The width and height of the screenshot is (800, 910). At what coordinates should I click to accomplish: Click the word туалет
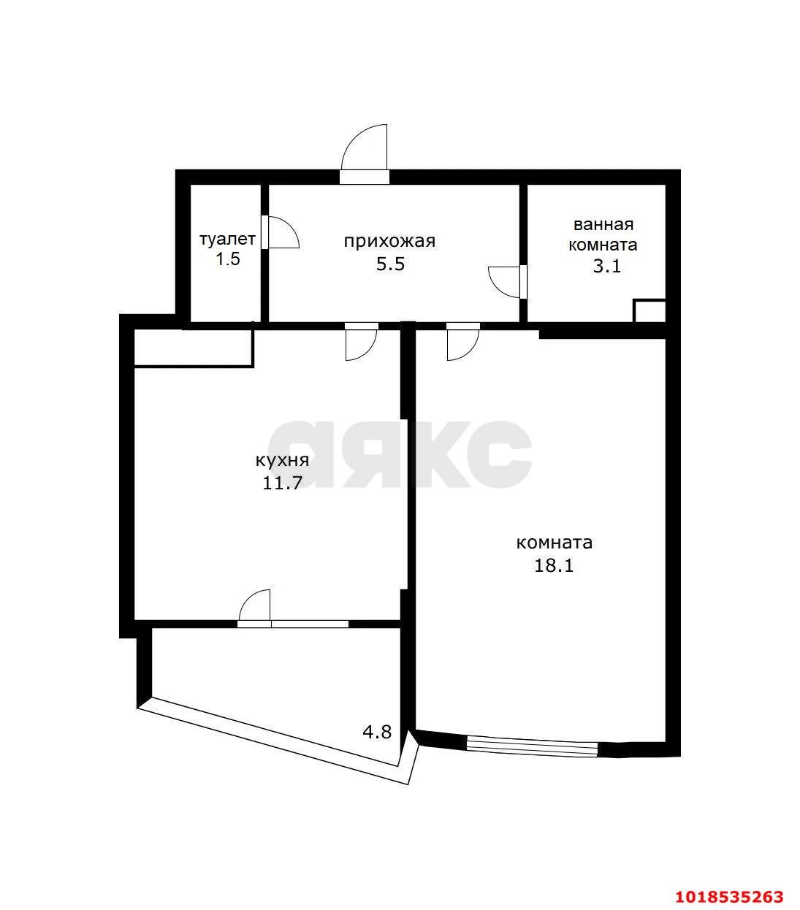(227, 240)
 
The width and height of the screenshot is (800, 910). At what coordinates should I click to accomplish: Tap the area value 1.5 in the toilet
(228, 259)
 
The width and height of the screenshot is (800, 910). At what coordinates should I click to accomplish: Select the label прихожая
(389, 242)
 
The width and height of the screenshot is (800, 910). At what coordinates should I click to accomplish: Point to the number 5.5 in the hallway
(390, 264)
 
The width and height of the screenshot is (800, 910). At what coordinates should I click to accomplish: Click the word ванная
(603, 225)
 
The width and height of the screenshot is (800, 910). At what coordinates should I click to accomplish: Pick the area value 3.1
(606, 267)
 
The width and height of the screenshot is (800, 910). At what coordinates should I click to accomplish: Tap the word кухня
(282, 461)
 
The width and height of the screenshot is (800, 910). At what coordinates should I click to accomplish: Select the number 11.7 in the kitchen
(282, 483)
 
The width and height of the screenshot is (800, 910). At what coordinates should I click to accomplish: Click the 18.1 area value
(554, 565)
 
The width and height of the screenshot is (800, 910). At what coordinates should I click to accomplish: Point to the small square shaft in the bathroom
(649, 311)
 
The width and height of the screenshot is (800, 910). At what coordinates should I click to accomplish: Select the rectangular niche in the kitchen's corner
(194, 348)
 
